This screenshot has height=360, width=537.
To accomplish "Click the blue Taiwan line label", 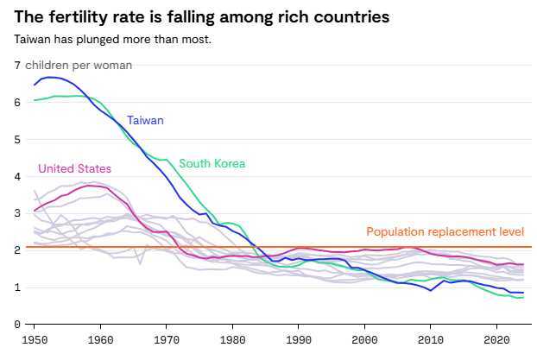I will (x=145, y=121).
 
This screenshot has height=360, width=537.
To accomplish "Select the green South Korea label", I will (x=212, y=164).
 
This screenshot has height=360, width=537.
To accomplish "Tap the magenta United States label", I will (x=74, y=168).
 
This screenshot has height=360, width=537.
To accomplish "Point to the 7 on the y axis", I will (x=17, y=66).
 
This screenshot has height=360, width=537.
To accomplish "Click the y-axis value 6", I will (x=17, y=103).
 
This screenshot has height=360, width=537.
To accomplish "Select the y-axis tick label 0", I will (x=17, y=325).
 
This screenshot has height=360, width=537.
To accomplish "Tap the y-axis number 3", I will (x=17, y=213).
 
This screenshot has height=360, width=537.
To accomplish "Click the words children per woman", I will (x=79, y=66).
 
